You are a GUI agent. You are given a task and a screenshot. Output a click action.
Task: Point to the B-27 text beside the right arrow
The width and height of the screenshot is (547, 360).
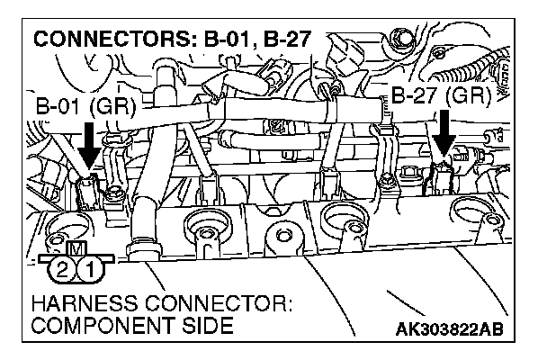click(x=414, y=96)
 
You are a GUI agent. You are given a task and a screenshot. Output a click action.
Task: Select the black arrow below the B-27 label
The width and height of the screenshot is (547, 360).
click(x=441, y=136)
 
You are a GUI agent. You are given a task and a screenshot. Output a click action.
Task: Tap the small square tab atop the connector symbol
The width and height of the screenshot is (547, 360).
click(x=75, y=248)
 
